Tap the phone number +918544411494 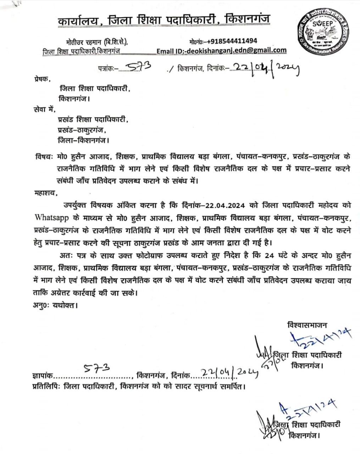pyautogui.click(x=232, y=41)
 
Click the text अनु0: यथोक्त pyautogui.click(x=54, y=305)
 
